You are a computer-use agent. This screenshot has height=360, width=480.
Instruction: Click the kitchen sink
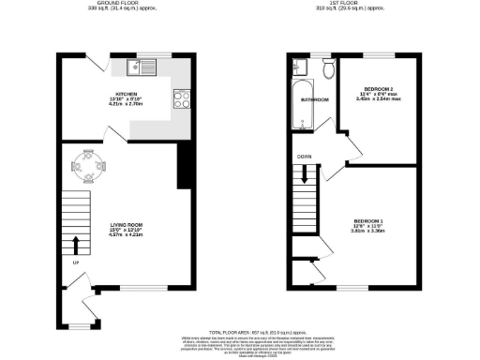[142, 67]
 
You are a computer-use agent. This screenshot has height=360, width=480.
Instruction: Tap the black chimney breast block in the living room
[184, 168]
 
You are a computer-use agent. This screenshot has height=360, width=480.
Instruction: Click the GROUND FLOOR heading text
[125, 5]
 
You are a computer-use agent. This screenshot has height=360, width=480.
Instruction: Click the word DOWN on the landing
[304, 157]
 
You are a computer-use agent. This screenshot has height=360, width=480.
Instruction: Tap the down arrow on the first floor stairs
[306, 174]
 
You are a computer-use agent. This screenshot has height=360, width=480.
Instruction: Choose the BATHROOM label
[314, 98]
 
